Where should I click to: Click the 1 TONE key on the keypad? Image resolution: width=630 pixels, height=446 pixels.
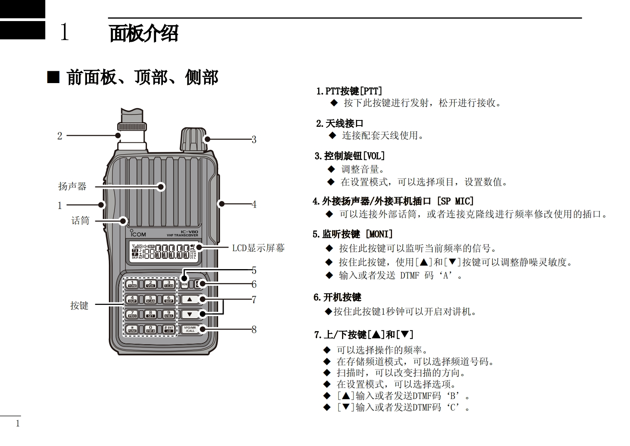pos(132,284)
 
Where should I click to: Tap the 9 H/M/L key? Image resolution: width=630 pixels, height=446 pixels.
pos(168,314)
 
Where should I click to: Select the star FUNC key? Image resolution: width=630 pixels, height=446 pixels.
pos(132,329)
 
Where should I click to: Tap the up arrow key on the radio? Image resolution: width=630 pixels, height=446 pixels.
pos(190,299)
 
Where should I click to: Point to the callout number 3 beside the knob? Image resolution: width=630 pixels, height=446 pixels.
pos(254,140)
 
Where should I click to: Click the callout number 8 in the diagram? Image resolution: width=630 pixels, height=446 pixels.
pos(254,330)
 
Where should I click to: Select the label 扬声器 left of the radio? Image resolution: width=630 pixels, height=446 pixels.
pos(72,186)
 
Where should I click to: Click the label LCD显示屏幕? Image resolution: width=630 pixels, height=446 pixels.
pos(259,248)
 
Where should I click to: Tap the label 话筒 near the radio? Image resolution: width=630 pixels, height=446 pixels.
pos(80,220)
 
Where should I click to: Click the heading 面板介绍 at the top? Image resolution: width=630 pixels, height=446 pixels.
pos(144,33)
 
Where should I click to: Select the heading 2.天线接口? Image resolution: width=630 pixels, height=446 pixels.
pos(340,124)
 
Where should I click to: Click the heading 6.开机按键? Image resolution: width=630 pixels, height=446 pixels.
pos(337,297)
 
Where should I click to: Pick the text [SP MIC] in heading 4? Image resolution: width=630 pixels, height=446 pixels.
pos(455,201)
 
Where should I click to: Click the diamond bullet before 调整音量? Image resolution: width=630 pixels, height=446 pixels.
pos(332,169)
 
